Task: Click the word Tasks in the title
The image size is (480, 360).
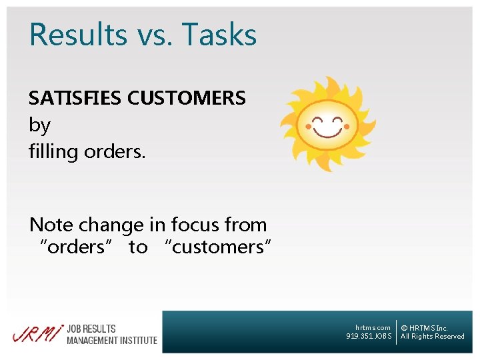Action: tap(219, 35)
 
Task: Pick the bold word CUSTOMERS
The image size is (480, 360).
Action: tap(186, 98)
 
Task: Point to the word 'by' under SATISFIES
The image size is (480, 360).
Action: tap(39, 126)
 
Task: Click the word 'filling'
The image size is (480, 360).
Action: tap(53, 152)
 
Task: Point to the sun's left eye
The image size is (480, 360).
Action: tap(319, 121)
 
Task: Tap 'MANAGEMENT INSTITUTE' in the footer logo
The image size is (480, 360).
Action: tap(112, 340)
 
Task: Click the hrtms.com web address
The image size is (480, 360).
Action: tap(373, 328)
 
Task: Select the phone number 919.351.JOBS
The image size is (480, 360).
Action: tap(369, 337)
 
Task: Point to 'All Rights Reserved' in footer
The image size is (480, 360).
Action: tap(432, 337)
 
